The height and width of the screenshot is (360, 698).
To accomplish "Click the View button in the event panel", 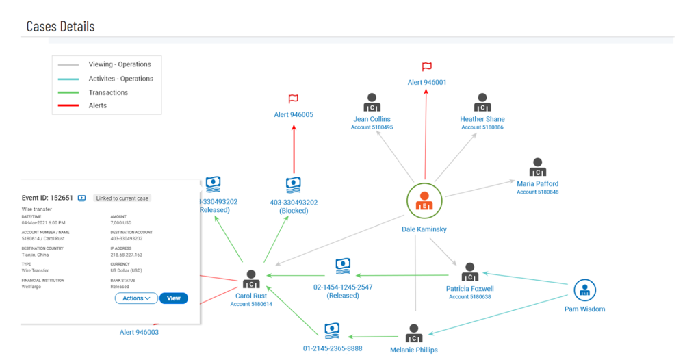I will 173,298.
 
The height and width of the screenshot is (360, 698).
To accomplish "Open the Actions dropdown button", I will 136,298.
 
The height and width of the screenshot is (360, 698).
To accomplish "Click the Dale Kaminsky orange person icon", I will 424,202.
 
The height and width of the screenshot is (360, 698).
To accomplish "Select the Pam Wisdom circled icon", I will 585,290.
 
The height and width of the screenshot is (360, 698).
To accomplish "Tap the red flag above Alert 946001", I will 426,67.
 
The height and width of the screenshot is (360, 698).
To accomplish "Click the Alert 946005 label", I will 294,114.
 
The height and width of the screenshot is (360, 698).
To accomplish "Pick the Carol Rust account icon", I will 252,279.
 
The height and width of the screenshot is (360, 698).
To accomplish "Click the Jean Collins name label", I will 371,119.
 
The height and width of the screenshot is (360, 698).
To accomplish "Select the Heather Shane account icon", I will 482,103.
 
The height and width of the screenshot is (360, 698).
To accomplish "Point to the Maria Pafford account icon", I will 537,168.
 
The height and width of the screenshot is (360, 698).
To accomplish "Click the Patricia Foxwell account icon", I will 469,272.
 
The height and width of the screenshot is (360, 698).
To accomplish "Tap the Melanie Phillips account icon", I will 413,333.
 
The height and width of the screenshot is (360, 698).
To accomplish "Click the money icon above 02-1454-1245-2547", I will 343,266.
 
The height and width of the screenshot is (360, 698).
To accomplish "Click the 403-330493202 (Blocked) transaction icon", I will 294,185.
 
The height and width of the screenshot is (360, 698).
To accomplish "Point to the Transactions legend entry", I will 108,92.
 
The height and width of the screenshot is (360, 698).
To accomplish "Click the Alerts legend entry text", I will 98,105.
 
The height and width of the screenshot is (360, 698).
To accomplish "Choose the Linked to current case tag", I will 122,198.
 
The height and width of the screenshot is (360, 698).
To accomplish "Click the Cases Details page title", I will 60,26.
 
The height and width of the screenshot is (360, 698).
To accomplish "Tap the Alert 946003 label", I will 139,332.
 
